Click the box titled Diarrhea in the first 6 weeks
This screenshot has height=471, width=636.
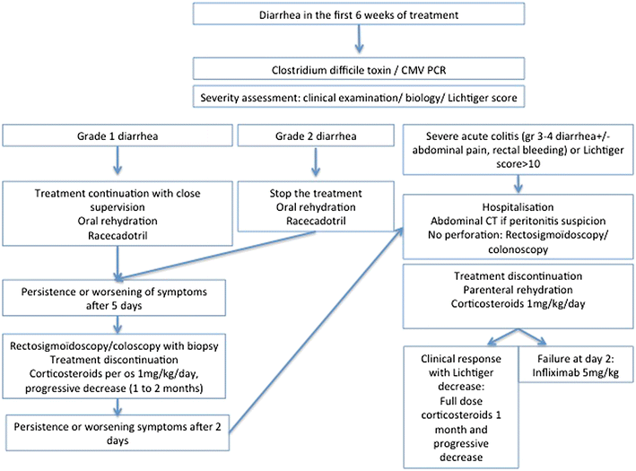(x=358, y=14)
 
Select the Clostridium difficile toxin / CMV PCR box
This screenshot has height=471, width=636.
(x=358, y=68)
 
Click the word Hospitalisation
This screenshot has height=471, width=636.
(x=520, y=203)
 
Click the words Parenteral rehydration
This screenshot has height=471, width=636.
(x=520, y=289)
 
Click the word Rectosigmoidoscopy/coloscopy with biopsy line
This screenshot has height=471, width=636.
(x=117, y=345)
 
